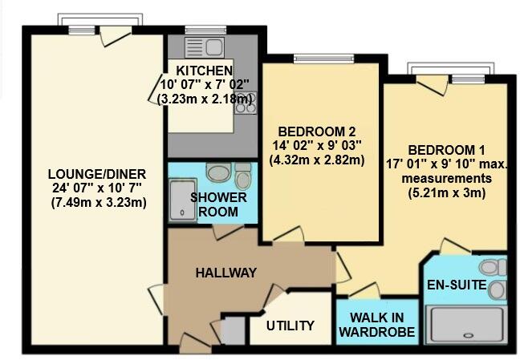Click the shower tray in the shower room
(180, 199)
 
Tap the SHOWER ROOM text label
(218, 204)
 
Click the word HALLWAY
(225, 273)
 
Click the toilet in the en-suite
(490, 267)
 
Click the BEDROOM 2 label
(316, 131)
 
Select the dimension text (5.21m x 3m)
(447, 192)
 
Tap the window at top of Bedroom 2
(315, 58)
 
